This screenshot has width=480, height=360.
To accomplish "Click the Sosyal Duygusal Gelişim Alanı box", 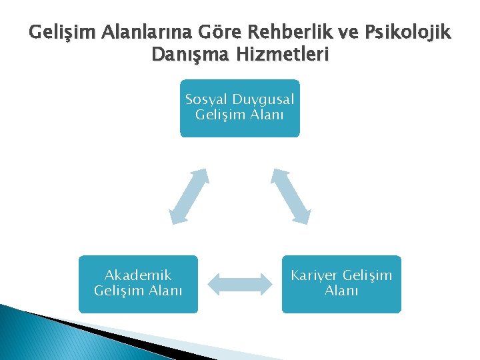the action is [240, 108].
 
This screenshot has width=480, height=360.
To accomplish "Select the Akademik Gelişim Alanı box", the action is [138, 284].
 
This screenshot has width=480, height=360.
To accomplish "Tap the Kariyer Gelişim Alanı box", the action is [341, 284].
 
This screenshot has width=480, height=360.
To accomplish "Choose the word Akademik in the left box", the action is [138, 275].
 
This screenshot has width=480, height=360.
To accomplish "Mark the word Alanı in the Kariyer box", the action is [341, 291].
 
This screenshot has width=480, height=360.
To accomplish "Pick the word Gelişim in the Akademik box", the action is [119, 291].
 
